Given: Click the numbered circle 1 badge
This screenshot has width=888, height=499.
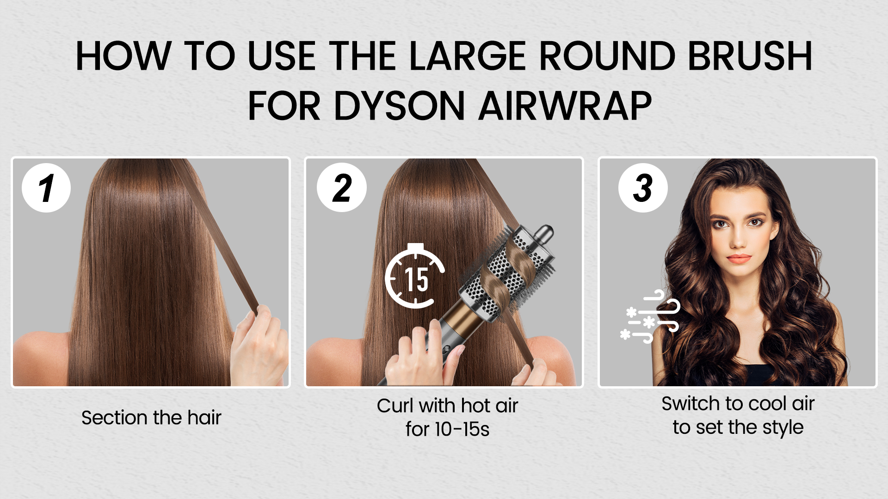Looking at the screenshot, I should (x=46, y=188).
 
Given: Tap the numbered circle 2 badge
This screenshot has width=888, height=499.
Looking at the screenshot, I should (x=342, y=188).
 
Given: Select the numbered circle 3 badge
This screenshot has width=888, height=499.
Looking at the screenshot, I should (x=643, y=188).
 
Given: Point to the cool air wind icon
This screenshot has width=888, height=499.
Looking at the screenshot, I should (x=650, y=317).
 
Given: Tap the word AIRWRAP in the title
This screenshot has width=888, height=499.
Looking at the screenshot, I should (x=565, y=106).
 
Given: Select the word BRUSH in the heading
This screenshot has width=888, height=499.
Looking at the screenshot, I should (x=750, y=56).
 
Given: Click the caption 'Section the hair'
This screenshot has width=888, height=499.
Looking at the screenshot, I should (x=151, y=418).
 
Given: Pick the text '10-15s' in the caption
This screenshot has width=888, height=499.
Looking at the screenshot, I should (x=462, y=429).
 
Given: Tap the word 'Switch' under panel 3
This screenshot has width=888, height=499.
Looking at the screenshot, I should (x=691, y=404).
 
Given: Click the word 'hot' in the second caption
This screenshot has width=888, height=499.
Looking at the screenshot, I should (x=474, y=406).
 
